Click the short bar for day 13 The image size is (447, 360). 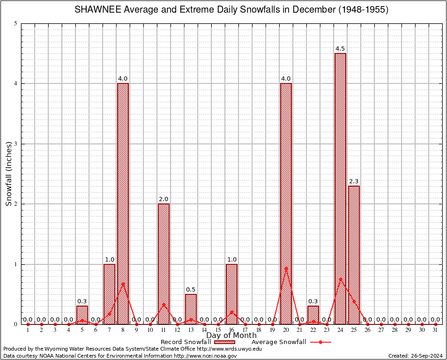point(191,309)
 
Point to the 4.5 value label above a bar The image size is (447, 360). point(340,49)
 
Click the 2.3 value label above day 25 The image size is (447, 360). point(354,181)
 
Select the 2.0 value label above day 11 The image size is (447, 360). point(164,199)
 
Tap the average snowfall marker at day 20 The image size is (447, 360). point(286,268)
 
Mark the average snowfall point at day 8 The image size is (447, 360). point(123,284)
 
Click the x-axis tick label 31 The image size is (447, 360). point(435,330)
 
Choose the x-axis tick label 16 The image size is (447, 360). point(231,330)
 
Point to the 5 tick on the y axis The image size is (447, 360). point(16,23)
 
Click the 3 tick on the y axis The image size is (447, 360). point(16,144)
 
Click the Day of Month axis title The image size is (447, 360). point(231,336)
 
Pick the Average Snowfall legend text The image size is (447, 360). point(279,342)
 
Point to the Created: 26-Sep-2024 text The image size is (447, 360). point(415,356)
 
